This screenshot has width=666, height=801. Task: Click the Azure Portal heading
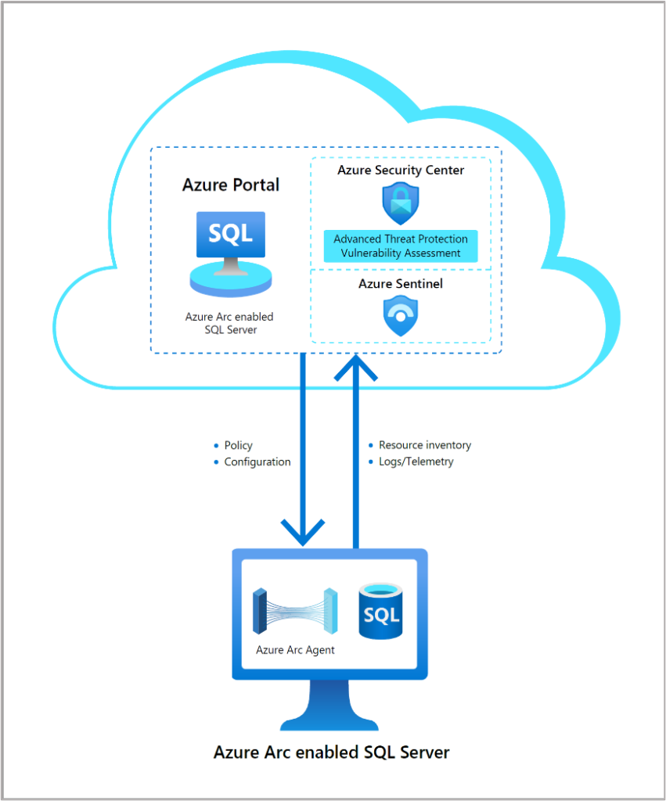click(231, 185)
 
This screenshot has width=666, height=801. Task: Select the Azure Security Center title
click(401, 170)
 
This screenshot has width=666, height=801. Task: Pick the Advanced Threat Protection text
click(401, 239)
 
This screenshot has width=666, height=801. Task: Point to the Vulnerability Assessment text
click(401, 253)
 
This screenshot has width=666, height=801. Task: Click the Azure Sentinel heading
click(401, 284)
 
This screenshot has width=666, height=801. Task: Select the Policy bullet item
click(238, 445)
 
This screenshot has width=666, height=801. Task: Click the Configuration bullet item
click(257, 462)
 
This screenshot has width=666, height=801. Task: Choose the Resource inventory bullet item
click(424, 445)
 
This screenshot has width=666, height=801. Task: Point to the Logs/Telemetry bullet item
click(416, 462)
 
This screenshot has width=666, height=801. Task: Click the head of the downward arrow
click(302, 532)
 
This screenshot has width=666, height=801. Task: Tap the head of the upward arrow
click(356, 368)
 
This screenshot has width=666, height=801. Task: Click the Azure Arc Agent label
click(295, 650)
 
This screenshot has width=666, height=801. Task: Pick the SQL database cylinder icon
click(380, 612)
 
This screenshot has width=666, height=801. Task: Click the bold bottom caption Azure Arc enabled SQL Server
click(332, 753)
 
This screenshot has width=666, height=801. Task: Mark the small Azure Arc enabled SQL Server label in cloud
click(229, 323)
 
